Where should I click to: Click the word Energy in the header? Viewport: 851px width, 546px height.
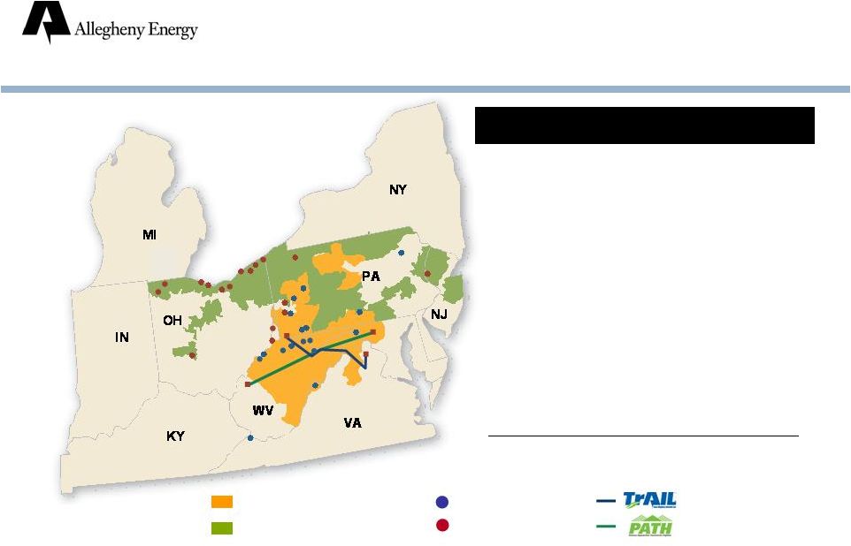point(173,30)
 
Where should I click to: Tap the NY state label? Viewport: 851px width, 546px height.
point(398,190)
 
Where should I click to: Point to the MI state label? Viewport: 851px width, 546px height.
point(149,235)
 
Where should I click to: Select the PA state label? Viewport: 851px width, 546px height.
point(371,277)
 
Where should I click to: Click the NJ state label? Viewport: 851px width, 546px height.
point(439,314)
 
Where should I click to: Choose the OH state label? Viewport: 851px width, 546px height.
point(172,321)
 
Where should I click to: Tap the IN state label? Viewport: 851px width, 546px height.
point(121,337)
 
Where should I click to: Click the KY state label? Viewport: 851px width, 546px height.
point(175,436)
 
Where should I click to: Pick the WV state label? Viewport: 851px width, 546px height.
point(263,411)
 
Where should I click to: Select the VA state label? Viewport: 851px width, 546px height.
point(353,422)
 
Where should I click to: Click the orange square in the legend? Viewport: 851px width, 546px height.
point(222,502)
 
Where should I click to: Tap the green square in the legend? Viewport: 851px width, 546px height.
point(222,527)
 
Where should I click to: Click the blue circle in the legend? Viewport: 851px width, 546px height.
point(442,502)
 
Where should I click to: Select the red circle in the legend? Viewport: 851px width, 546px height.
point(442,525)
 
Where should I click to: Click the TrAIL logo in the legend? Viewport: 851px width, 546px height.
point(649,500)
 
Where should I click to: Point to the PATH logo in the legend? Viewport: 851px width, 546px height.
point(650,526)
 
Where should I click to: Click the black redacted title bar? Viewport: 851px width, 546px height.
point(645,125)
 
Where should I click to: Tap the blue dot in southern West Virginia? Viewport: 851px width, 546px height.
point(250,438)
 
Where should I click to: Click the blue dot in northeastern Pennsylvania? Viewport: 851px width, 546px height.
point(401,253)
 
